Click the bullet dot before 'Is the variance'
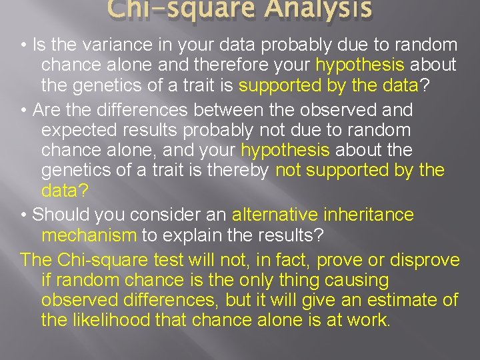click(x=23, y=45)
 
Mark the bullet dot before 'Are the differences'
click(x=23, y=109)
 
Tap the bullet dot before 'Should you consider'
click(x=23, y=215)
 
